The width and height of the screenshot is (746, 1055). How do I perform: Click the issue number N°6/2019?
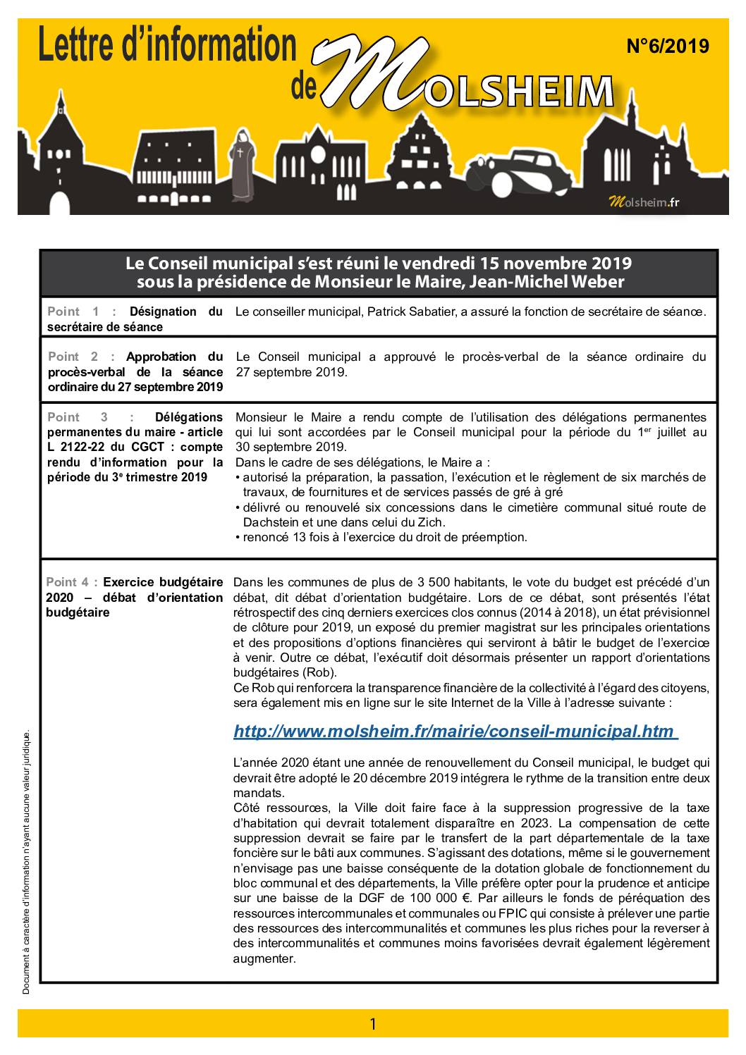(x=667, y=47)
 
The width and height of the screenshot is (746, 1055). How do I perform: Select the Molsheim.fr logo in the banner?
(x=644, y=203)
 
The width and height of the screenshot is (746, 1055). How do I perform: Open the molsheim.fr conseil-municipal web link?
(x=455, y=732)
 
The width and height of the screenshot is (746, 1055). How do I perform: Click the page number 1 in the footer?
(x=373, y=1024)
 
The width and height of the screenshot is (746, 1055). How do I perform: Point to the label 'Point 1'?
(x=75, y=311)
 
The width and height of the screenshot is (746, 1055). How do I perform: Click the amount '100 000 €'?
(x=445, y=898)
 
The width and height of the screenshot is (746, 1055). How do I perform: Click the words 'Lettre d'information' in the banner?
(x=167, y=48)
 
